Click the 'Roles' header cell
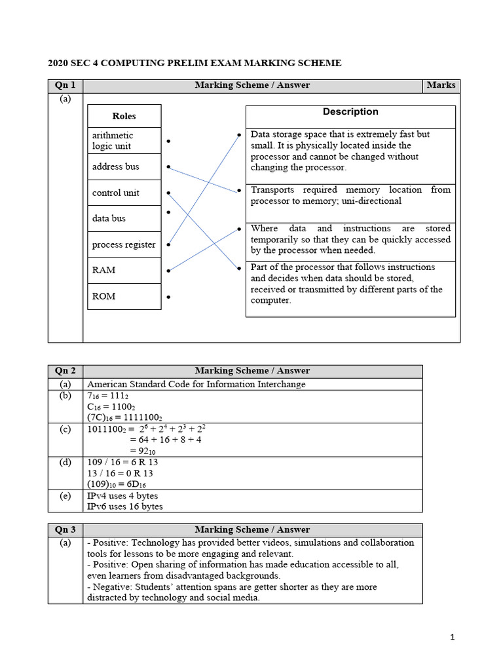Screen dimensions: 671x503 pyautogui.click(x=124, y=116)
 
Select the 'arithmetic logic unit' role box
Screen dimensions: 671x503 pyautogui.click(x=124, y=140)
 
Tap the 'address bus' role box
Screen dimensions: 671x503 pyautogui.click(x=124, y=166)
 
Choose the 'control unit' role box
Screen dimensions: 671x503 pyautogui.click(x=124, y=193)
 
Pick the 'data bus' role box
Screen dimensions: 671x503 pyautogui.click(x=124, y=218)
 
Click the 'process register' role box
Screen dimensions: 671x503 pyautogui.click(x=124, y=244)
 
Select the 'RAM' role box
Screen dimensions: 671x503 pyautogui.click(x=124, y=270)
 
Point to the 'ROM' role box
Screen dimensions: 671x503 pyautogui.click(x=124, y=296)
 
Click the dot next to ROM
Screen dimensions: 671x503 pyautogui.click(x=168, y=297)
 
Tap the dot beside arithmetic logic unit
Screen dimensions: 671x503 pyautogui.click(x=168, y=141)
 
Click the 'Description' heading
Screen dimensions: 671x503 pyautogui.click(x=350, y=112)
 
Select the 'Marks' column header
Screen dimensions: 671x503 pyautogui.click(x=441, y=85)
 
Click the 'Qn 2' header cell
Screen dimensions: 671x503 pyautogui.click(x=65, y=372)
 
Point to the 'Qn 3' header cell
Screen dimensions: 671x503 pyautogui.click(x=65, y=529)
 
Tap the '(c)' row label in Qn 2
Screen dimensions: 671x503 pyautogui.click(x=65, y=429)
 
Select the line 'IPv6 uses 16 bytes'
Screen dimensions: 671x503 pyautogui.click(x=125, y=507)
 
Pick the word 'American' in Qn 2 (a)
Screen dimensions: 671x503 pyautogui.click(x=107, y=385)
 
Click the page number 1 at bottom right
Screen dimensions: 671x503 pyautogui.click(x=452, y=637)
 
